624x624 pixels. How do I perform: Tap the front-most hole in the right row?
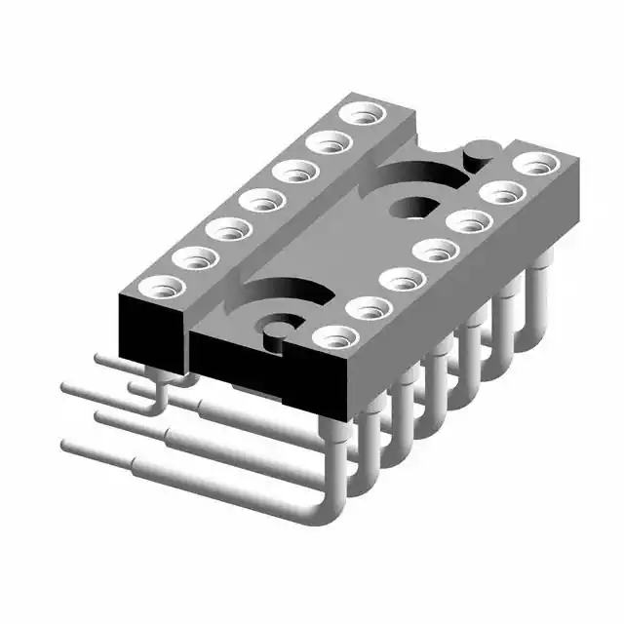336,337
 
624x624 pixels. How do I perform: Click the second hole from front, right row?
369,308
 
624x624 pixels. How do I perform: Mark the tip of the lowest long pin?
66,446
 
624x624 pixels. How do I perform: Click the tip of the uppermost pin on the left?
100,359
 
